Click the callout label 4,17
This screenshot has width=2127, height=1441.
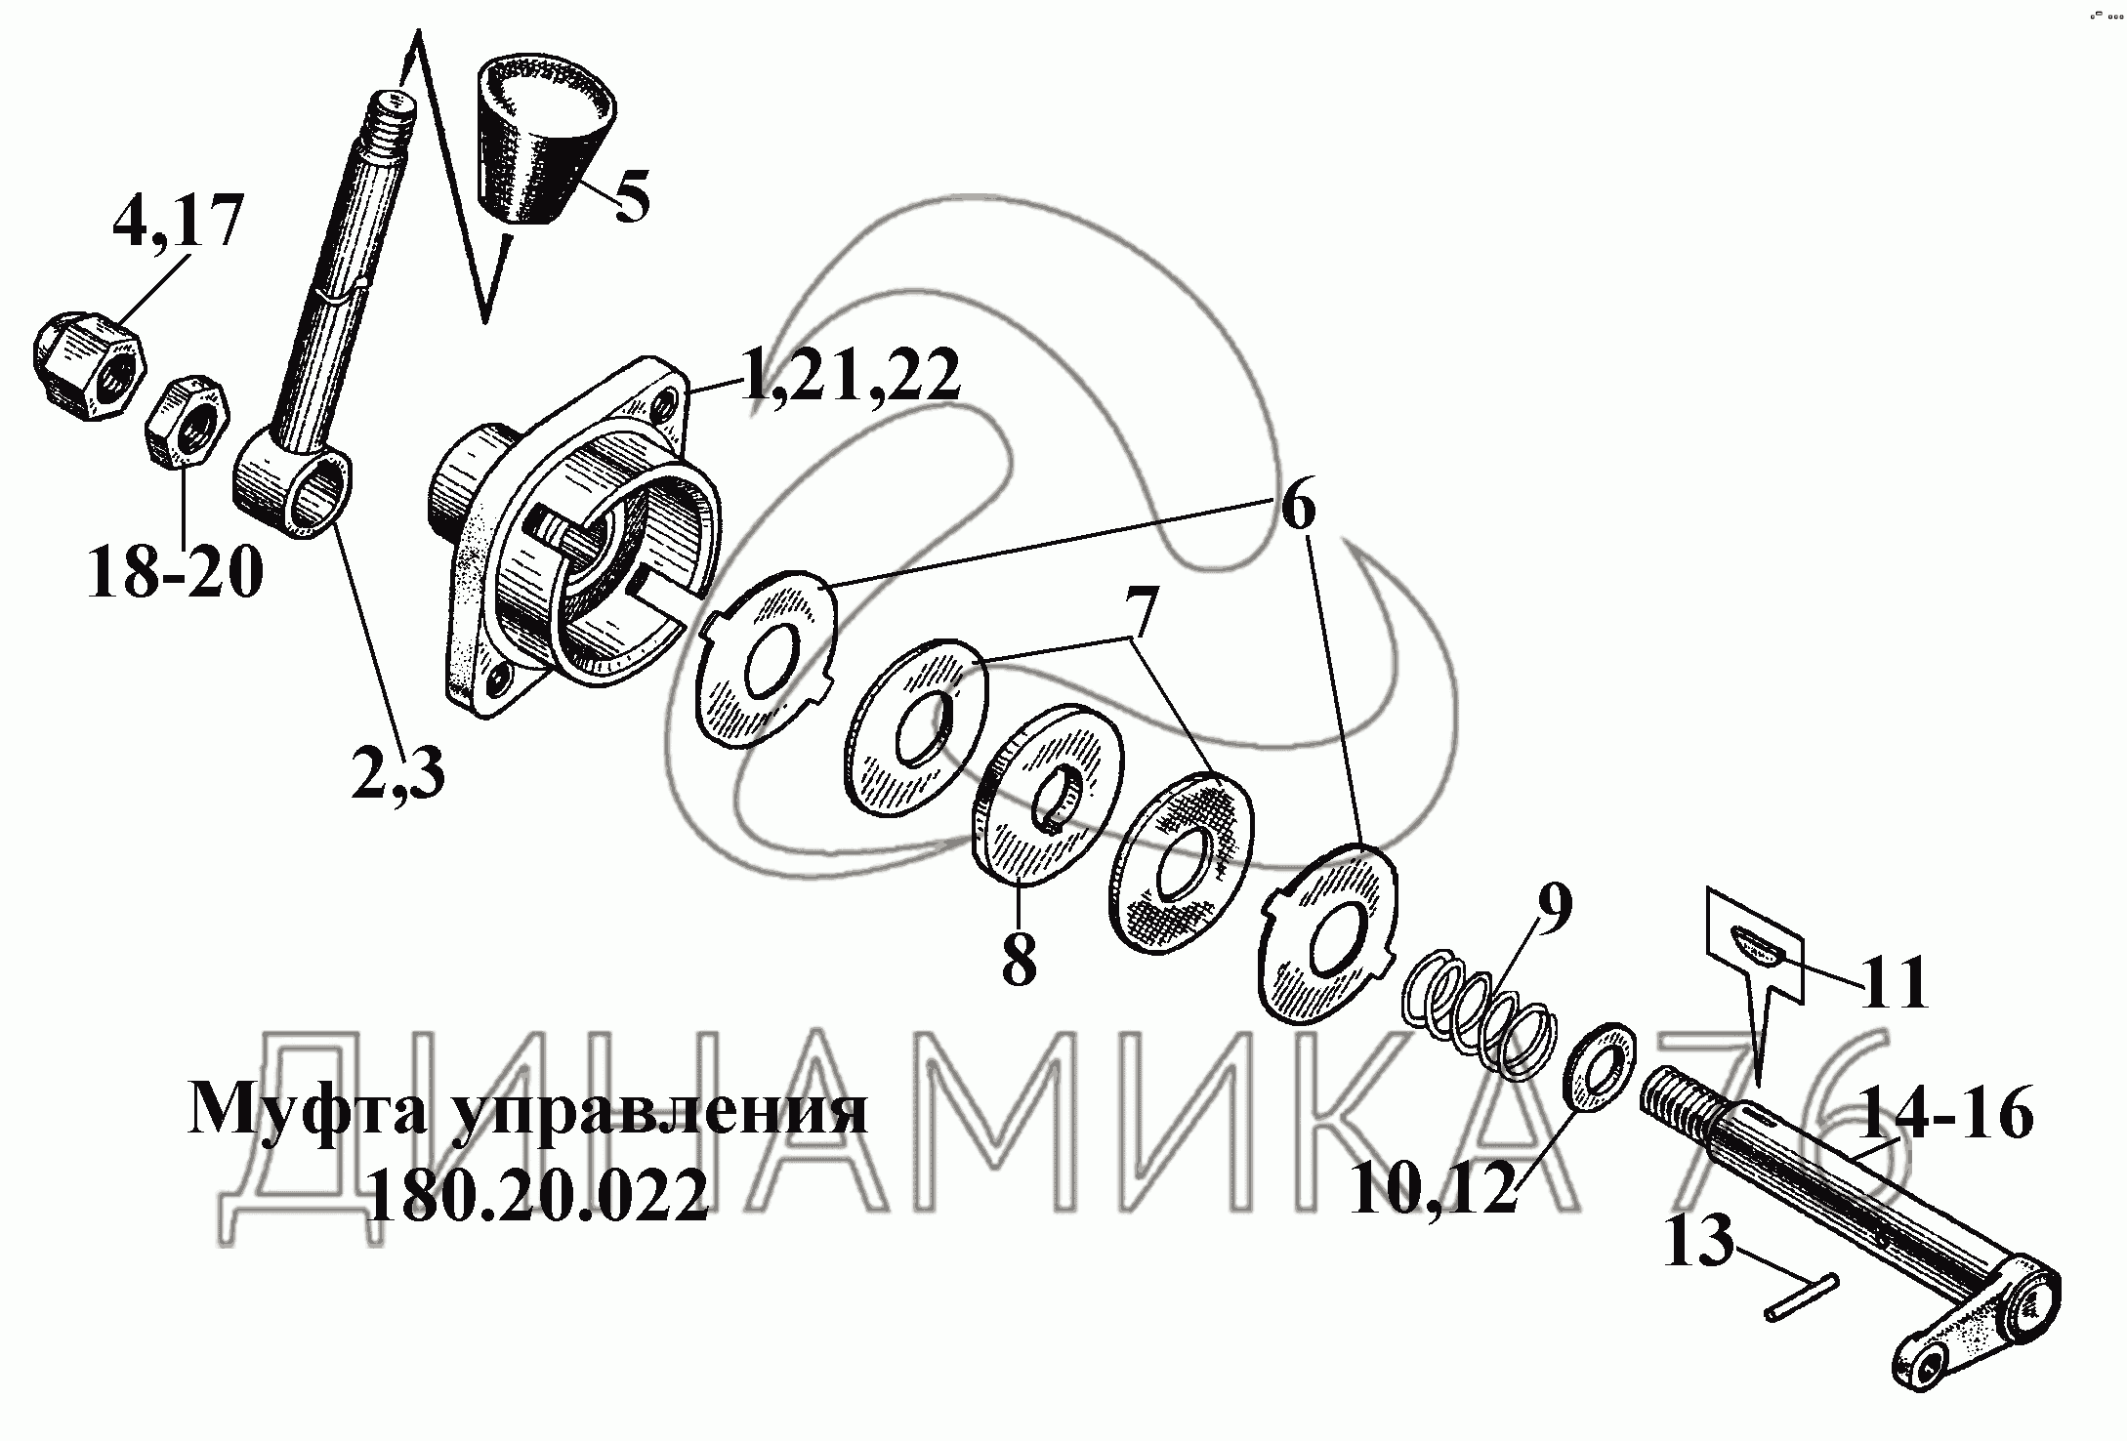coord(177,223)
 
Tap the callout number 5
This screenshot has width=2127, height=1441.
coord(631,197)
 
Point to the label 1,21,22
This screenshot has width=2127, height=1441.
coord(850,376)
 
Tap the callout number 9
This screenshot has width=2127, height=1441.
coord(1552,908)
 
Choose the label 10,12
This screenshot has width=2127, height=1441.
coord(1433,1184)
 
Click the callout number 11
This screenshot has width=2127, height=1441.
coord(1894,981)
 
